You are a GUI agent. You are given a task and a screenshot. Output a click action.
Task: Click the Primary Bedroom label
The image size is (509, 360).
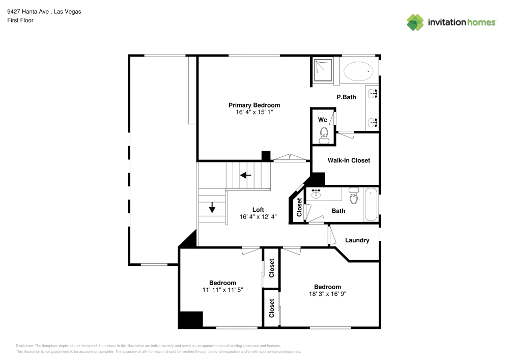pyautogui.click(x=254, y=105)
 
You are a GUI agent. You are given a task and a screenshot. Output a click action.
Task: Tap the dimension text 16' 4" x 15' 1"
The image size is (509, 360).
pyautogui.click(x=254, y=112)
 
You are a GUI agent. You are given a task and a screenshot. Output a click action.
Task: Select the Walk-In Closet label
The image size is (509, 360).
pyautogui.click(x=349, y=160)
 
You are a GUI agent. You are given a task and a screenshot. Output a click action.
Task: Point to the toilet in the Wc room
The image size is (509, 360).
pyautogui.click(x=323, y=135)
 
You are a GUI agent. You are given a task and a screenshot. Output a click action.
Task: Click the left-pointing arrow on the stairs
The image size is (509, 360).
pyautogui.click(x=246, y=175)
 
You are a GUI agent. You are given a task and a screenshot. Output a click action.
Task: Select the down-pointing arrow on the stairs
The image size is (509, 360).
pyautogui.click(x=212, y=207)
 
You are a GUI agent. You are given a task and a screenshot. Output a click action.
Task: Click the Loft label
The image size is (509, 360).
pyautogui.click(x=258, y=209)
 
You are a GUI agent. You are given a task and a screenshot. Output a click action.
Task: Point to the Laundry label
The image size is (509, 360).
pyautogui.click(x=357, y=240)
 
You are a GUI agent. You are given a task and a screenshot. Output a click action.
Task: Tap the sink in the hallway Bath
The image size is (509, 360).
pyautogui.click(x=316, y=193)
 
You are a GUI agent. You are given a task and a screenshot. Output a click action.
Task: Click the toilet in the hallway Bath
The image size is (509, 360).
pyautogui.click(x=354, y=196)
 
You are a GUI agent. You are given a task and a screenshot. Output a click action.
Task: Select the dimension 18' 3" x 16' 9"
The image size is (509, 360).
pyautogui.click(x=327, y=294)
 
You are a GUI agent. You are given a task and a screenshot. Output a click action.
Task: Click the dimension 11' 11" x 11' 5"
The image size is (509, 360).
pyautogui.click(x=222, y=290)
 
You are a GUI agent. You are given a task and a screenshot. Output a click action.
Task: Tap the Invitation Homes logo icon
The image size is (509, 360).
pyautogui.click(x=415, y=22)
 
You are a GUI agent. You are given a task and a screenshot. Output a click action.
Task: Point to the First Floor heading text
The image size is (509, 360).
pyautogui.click(x=20, y=20)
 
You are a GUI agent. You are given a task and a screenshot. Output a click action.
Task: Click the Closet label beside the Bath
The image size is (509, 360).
pyautogui.click(x=299, y=207)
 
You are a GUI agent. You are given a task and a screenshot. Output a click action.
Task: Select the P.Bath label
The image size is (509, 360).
pyautogui.click(x=346, y=97)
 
